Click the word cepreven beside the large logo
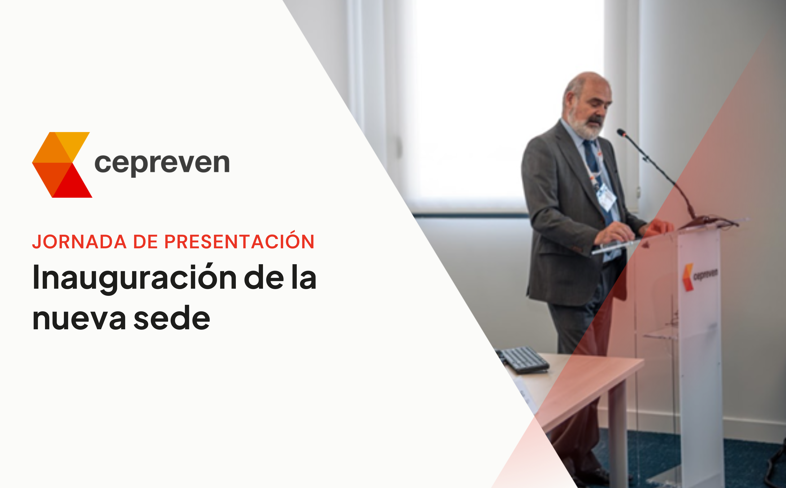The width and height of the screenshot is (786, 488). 162,164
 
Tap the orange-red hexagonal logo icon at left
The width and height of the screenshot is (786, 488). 62,165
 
